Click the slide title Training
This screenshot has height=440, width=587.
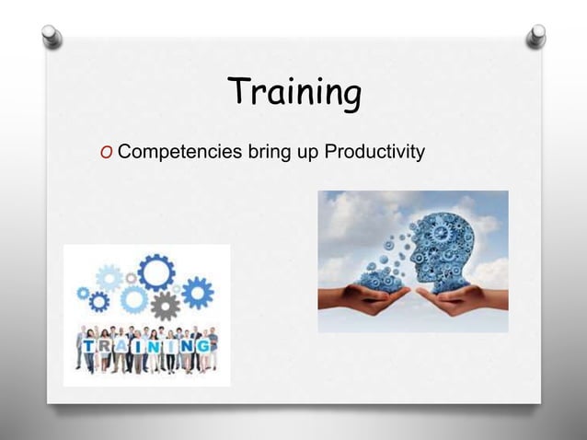(293, 92)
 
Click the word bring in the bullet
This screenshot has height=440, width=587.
(268, 151)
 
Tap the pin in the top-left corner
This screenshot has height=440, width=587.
(53, 36)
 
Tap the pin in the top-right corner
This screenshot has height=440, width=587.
(535, 36)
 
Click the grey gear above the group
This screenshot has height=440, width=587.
(165, 305)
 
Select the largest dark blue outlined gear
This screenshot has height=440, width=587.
(155, 272)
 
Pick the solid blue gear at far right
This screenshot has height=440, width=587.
(197, 293)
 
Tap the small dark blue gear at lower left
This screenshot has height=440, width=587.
(98, 301)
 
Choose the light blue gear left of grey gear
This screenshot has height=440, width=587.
(134, 299)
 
